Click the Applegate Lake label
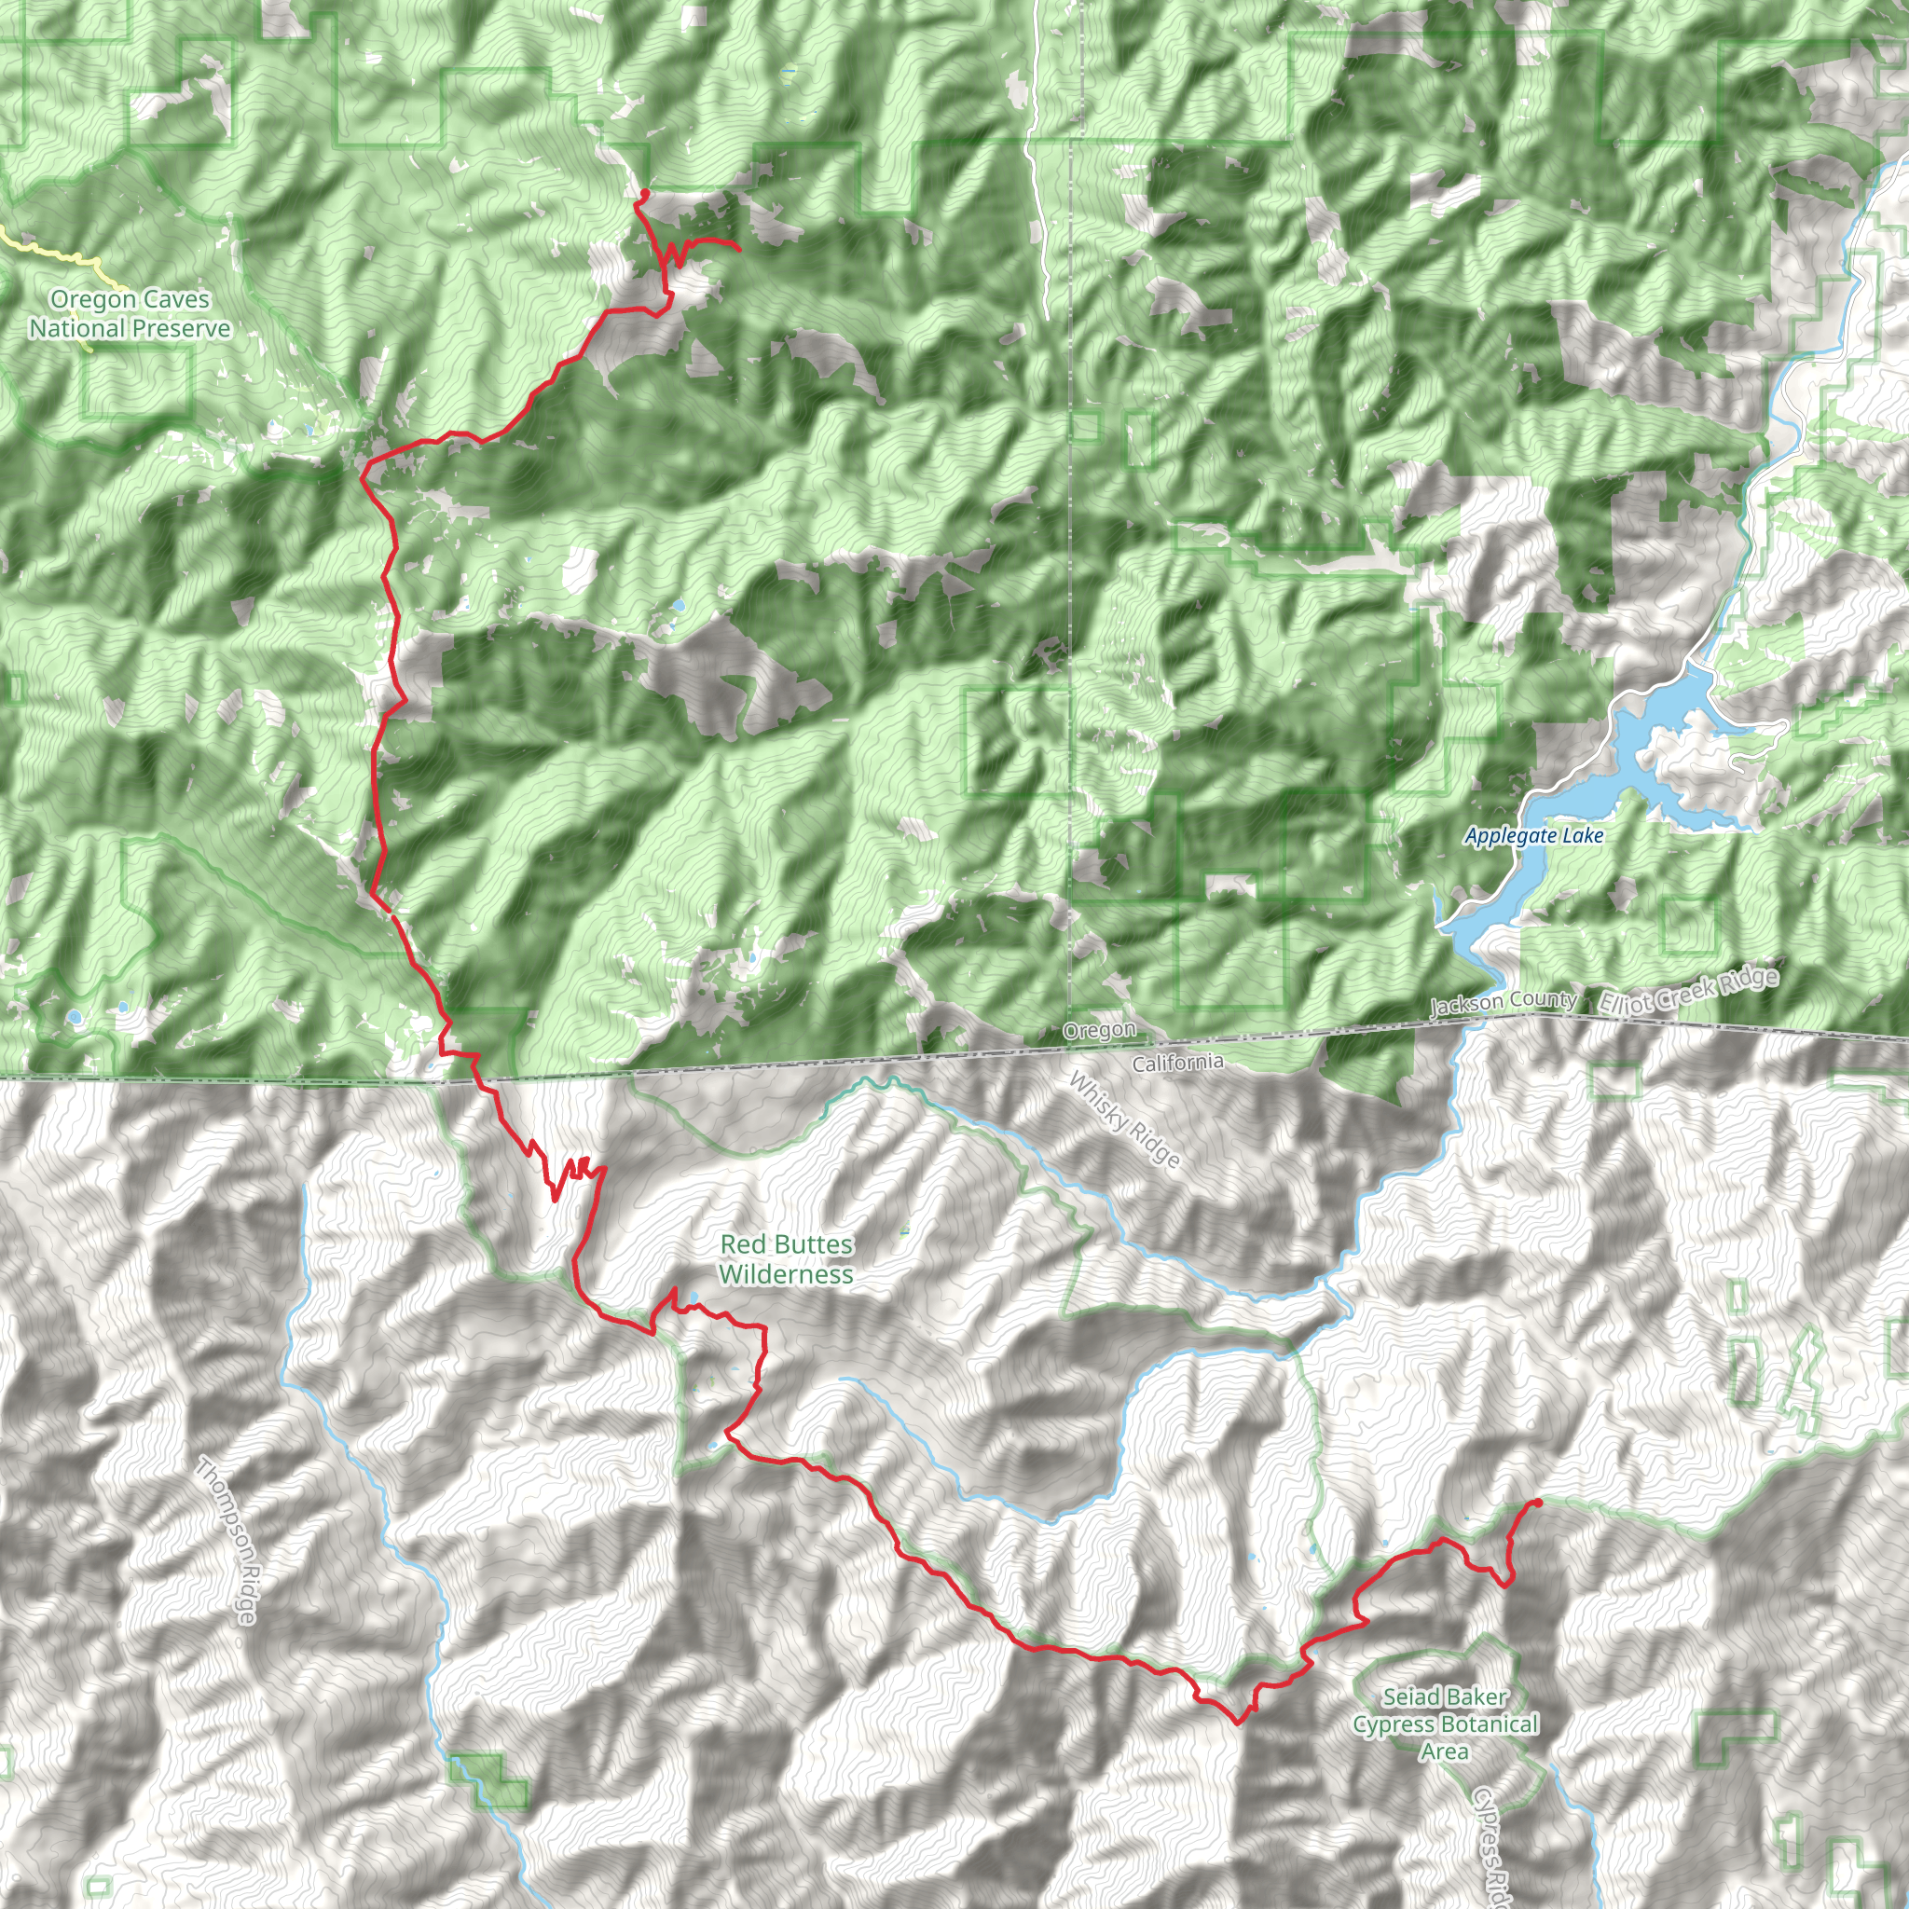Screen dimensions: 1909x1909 [x=1533, y=836]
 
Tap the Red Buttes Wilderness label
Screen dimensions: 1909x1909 [x=787, y=1260]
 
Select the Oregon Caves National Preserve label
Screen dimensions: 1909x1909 [x=130, y=314]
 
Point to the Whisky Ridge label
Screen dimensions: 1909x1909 [x=1125, y=1120]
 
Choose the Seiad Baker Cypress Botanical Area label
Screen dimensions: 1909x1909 [x=1446, y=1724]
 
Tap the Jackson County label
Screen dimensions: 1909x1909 [x=1503, y=1002]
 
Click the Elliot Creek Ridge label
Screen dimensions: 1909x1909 [x=1689, y=991]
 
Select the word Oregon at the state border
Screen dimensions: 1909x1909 [x=1099, y=1031]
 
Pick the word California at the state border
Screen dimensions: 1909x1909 [x=1178, y=1064]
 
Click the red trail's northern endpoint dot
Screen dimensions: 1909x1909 [x=644, y=193]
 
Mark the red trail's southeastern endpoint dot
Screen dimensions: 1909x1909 [x=1537, y=1504]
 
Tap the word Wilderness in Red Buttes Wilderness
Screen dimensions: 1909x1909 [x=787, y=1274]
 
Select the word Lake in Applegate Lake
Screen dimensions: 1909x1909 [x=1583, y=836]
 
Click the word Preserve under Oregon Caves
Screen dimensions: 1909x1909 [x=184, y=328]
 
